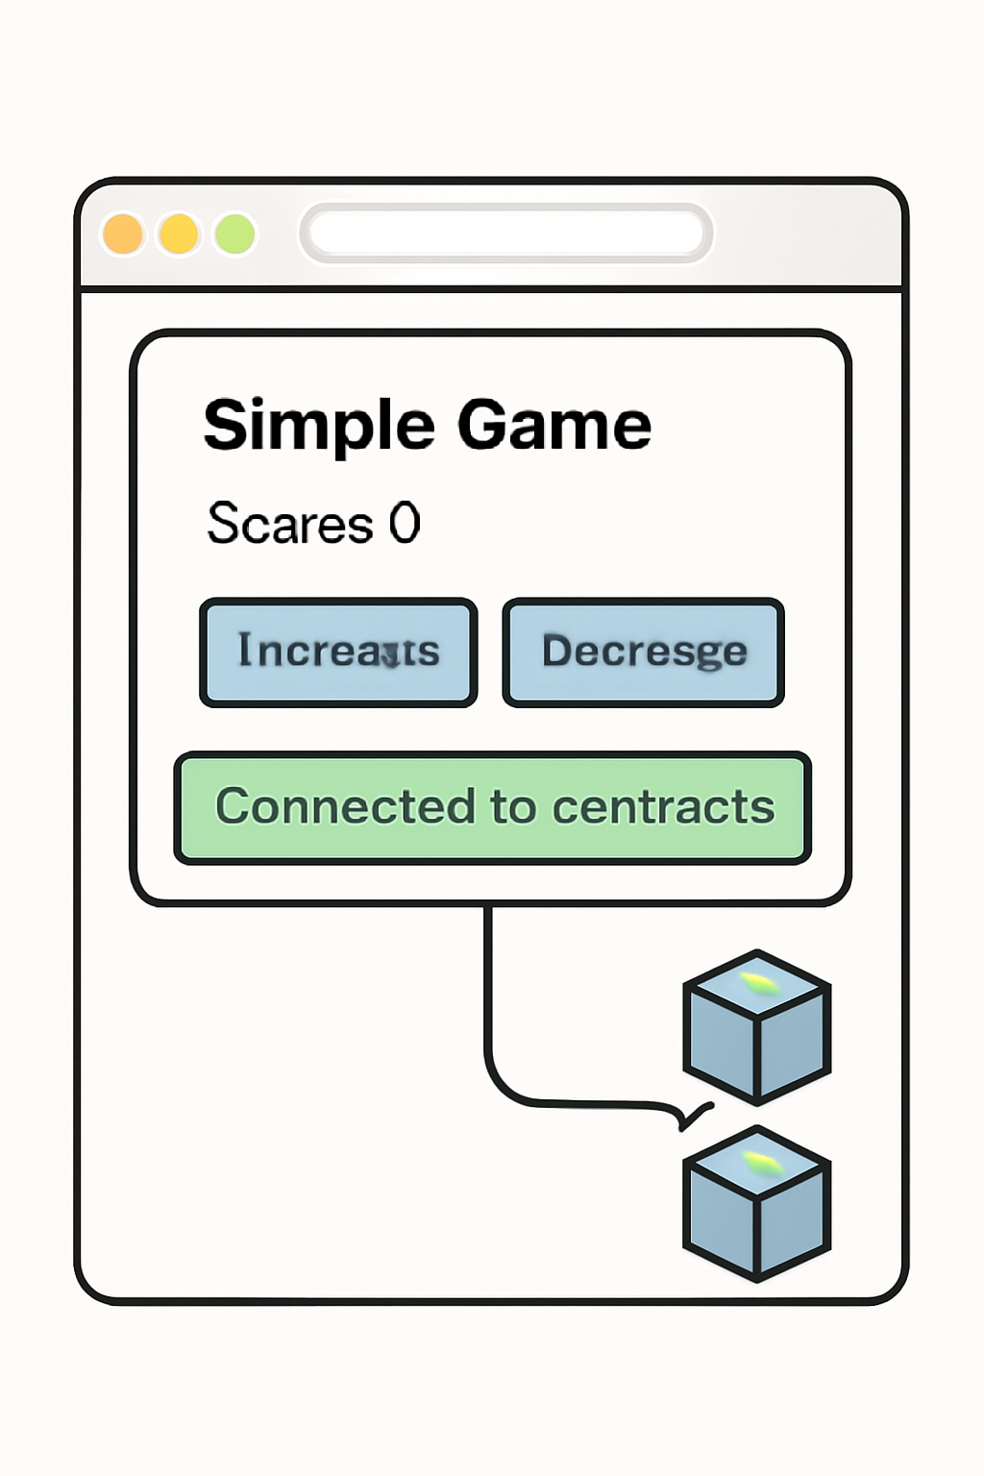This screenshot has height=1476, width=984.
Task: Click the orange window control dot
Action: (123, 234)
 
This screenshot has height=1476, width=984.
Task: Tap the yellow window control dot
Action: (179, 234)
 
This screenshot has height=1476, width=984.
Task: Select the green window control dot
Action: (234, 234)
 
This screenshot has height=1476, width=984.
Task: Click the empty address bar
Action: (506, 233)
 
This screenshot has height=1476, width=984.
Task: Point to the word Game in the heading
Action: (554, 425)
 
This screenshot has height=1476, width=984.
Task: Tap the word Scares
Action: (289, 525)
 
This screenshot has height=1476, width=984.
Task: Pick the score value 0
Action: (405, 524)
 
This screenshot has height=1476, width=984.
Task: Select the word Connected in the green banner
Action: (345, 806)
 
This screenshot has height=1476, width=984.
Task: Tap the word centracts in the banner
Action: (664, 807)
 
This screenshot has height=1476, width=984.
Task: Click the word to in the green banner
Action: (513, 807)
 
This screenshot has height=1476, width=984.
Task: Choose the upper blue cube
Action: (757, 1026)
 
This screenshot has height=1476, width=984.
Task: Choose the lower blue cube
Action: (757, 1203)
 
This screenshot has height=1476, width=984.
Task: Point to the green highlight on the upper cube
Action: (758, 983)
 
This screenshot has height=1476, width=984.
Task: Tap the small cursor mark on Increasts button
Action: (389, 656)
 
